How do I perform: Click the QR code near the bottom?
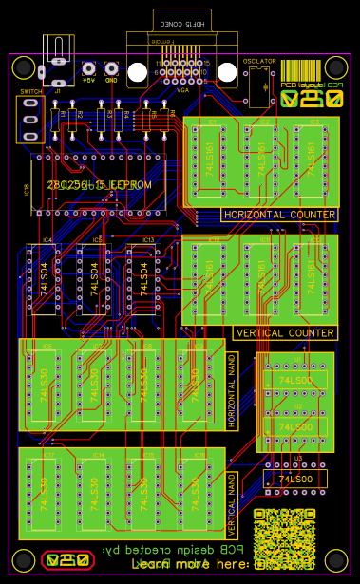284,538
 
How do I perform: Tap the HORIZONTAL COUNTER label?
279,215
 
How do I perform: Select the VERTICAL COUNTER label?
284,333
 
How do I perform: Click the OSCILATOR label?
259,61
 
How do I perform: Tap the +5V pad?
88,68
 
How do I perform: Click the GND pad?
111,68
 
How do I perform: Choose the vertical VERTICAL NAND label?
231,504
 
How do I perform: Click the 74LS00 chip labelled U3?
295,480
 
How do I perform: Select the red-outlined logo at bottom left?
68,559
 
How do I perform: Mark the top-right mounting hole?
336,67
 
